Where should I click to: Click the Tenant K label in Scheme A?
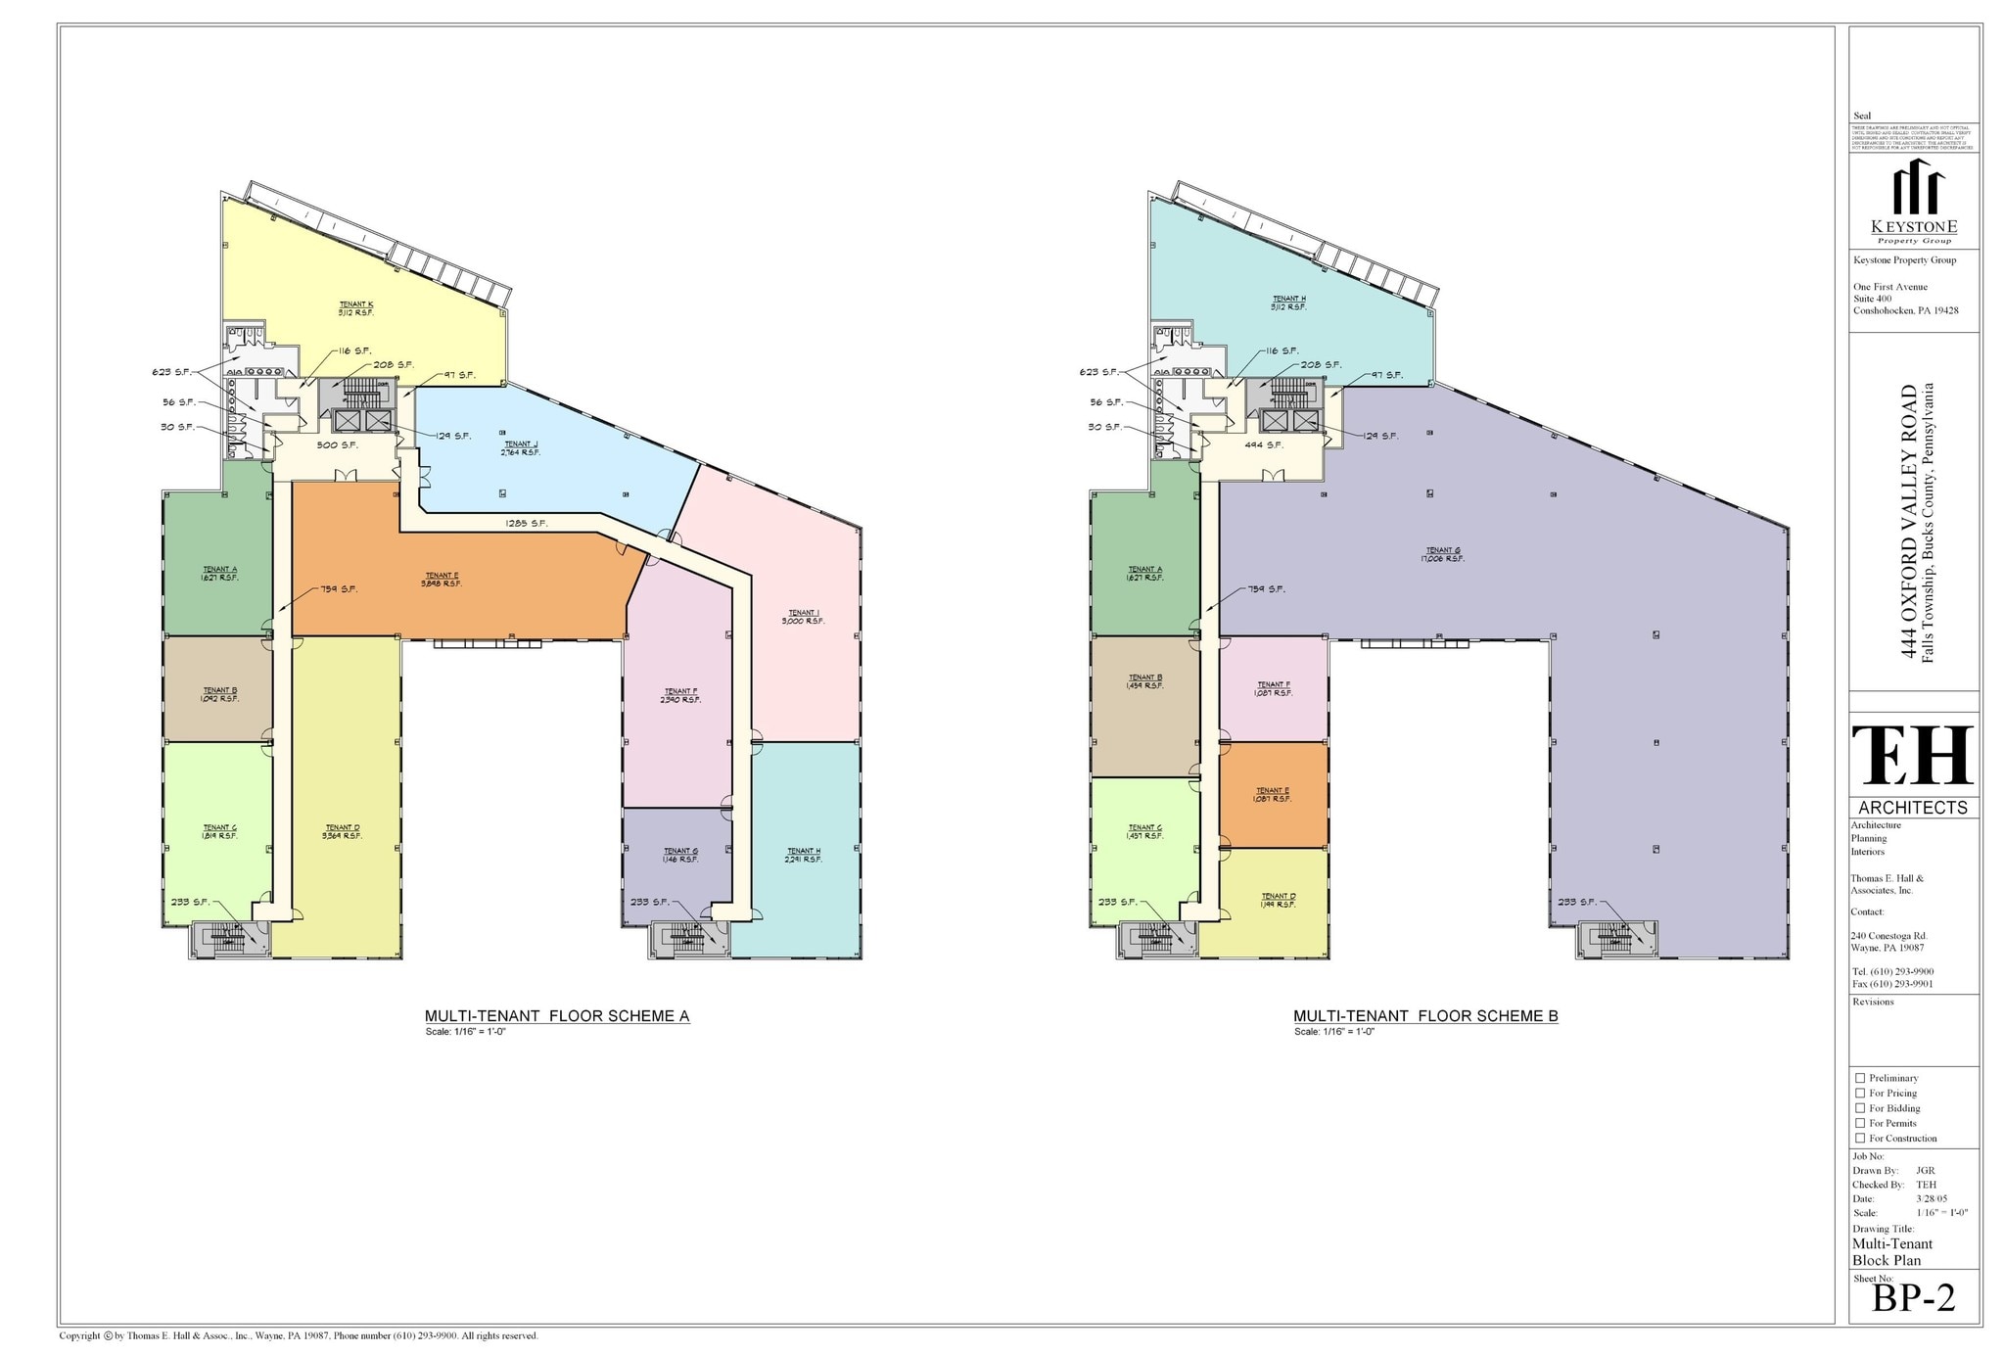356,308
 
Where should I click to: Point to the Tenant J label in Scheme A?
521,448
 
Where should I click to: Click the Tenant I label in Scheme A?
803,617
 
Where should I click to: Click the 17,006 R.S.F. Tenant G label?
1443,555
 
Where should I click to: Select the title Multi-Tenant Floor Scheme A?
556,1016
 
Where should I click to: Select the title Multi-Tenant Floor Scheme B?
1425,1016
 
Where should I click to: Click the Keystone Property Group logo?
1914,202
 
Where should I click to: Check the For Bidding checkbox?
1860,1108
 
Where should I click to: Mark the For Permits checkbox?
1860,1123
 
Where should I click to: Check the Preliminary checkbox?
1860,1078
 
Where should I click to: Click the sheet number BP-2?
1913,1299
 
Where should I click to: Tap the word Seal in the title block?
1862,117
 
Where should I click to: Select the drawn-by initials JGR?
1925,1171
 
